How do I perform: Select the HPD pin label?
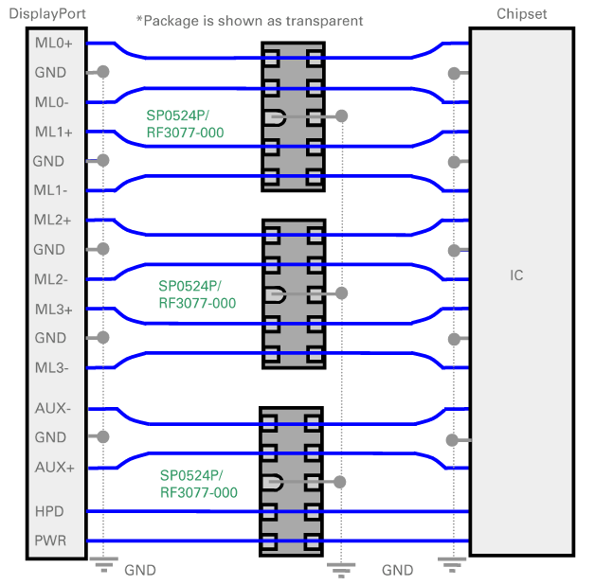click(x=48, y=511)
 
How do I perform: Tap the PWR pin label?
click(x=48, y=541)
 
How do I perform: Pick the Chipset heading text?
click(x=521, y=12)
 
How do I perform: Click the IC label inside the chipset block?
click(x=516, y=275)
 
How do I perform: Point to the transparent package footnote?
click(x=249, y=20)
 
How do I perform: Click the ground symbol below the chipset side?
click(x=454, y=565)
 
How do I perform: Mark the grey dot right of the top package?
click(x=341, y=116)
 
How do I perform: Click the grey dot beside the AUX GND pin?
click(x=103, y=437)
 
